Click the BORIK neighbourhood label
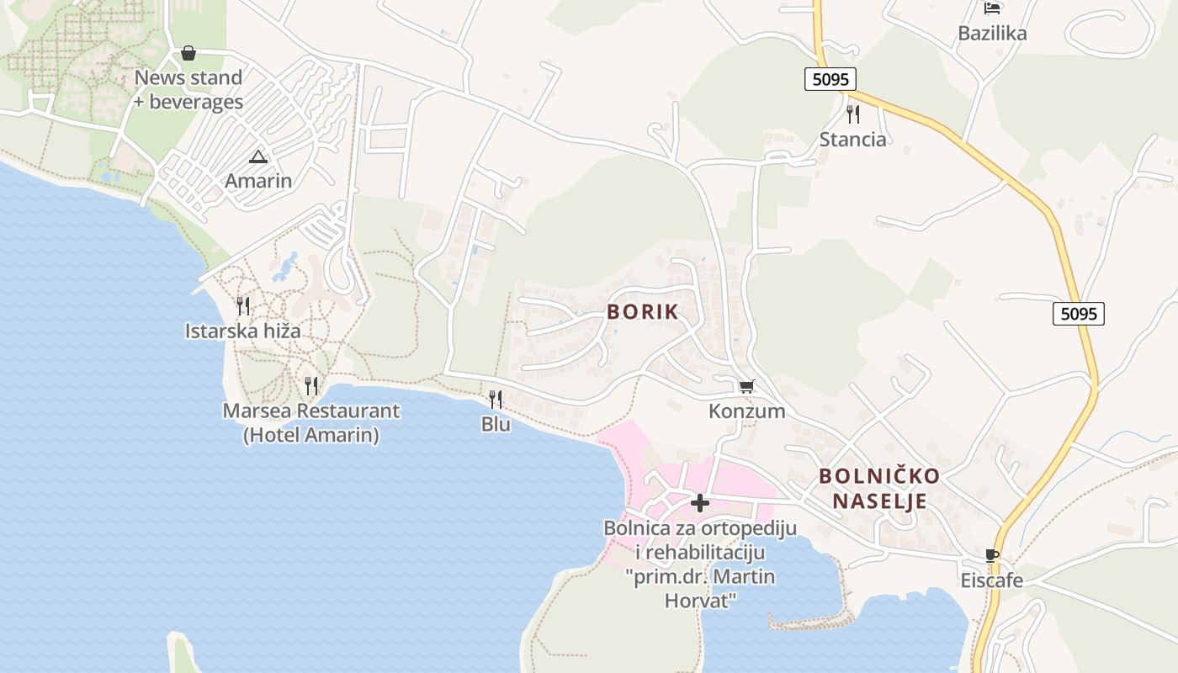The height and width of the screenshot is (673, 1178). (x=642, y=311)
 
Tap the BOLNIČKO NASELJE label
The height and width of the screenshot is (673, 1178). (x=879, y=489)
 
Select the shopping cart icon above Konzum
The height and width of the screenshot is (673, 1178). (x=746, y=386)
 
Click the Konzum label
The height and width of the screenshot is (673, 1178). (x=746, y=411)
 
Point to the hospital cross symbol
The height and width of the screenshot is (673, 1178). (x=699, y=503)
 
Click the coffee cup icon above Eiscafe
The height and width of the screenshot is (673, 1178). (x=992, y=555)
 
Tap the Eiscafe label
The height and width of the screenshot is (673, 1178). (x=992, y=580)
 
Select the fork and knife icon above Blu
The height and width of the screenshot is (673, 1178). (x=496, y=399)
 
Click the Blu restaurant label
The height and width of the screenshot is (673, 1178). (x=496, y=424)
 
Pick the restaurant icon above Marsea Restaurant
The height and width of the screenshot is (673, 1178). (x=311, y=386)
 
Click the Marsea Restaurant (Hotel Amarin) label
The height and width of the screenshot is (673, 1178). (x=311, y=423)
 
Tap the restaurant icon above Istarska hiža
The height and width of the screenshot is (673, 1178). (x=243, y=305)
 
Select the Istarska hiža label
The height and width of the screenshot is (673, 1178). (x=243, y=331)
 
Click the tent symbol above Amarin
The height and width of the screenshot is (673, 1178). (x=258, y=156)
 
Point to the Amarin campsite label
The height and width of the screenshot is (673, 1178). (x=258, y=181)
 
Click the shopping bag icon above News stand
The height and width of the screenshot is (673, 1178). (x=188, y=53)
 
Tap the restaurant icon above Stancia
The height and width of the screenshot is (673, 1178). (x=853, y=114)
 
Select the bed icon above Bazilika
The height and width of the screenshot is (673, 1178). (x=992, y=8)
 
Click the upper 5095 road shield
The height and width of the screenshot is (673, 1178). (x=830, y=79)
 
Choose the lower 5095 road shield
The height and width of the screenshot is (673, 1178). (x=1078, y=314)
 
